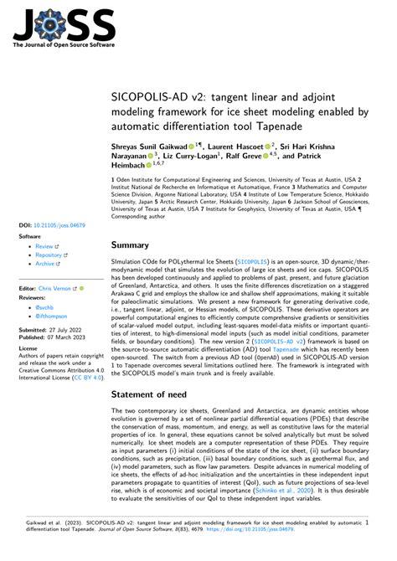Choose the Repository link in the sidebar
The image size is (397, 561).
click(52, 255)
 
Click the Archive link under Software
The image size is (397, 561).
click(47, 263)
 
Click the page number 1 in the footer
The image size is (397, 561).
click(367, 519)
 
